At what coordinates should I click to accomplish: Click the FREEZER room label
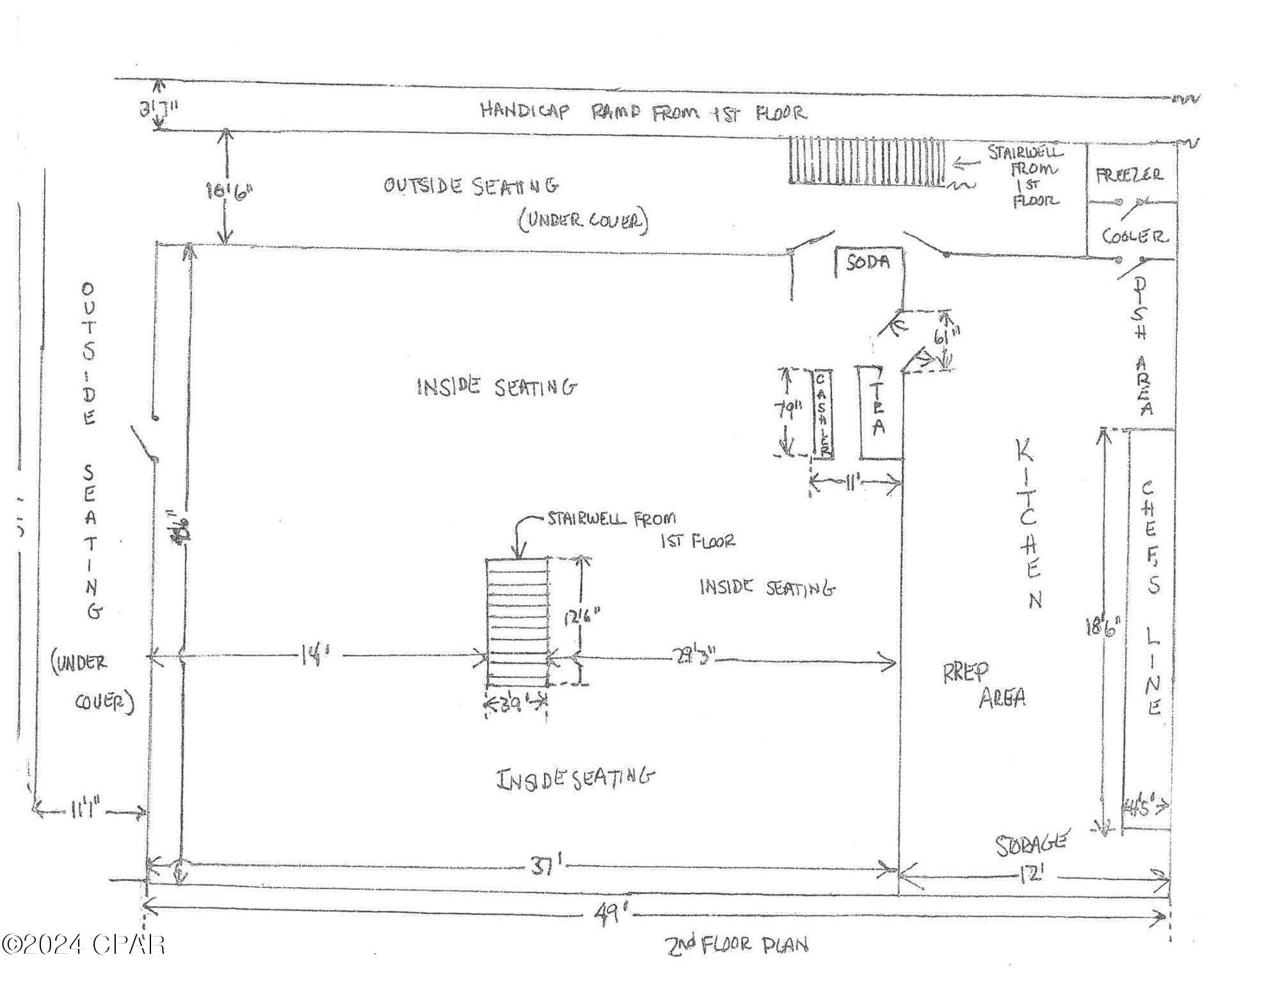(x=1130, y=175)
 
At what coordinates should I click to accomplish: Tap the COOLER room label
(x=1133, y=236)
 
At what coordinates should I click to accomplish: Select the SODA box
(x=868, y=262)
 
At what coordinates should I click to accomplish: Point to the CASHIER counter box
(x=823, y=414)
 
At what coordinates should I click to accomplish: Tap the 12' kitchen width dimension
(x=1031, y=874)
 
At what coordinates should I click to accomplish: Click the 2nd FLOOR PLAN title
(x=736, y=945)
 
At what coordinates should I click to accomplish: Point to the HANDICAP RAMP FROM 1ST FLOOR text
(x=643, y=112)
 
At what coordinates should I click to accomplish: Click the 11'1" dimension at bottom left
(x=87, y=812)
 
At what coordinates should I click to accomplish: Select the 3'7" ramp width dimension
(x=158, y=108)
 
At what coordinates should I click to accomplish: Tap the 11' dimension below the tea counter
(x=852, y=484)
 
